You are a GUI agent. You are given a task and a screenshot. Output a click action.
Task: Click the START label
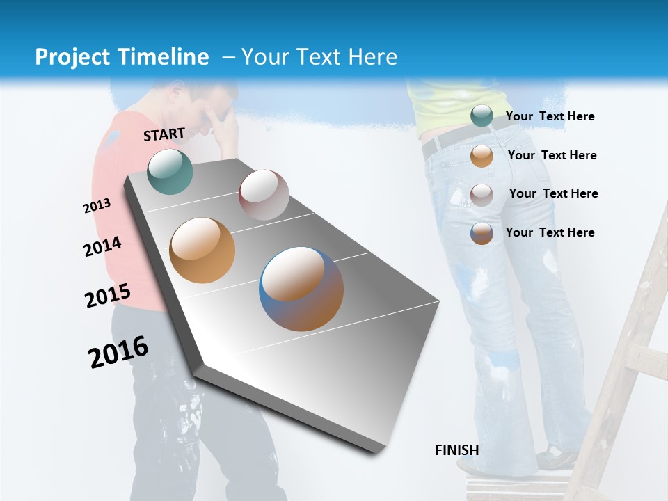tap(164, 134)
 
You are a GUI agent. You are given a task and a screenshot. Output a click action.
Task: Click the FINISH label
tap(456, 450)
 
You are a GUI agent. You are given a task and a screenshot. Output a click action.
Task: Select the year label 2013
tap(97, 206)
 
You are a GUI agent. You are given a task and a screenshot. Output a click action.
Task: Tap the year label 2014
tap(102, 247)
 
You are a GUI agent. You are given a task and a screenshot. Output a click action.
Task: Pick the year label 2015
tap(107, 296)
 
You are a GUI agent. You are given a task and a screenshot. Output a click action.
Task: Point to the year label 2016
tap(118, 351)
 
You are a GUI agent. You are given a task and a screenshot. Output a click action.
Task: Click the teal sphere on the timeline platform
tap(170, 171)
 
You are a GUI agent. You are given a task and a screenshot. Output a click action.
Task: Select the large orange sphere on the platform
tap(202, 250)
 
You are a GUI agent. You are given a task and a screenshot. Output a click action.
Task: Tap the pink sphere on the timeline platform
tap(264, 195)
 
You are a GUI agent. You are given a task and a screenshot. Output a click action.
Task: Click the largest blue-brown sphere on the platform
tap(301, 289)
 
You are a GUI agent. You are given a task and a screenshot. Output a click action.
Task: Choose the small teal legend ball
tap(481, 116)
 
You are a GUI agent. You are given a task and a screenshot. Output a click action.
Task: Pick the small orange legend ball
tap(481, 156)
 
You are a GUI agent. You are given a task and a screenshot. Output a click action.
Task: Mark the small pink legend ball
tap(481, 194)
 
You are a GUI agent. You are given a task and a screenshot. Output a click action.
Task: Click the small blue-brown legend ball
tap(481, 233)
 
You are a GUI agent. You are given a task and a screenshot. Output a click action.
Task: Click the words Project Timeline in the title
tap(122, 57)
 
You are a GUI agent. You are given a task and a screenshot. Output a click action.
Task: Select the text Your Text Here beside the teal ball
tap(550, 116)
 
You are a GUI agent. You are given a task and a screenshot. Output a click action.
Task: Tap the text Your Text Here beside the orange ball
tap(552, 155)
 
